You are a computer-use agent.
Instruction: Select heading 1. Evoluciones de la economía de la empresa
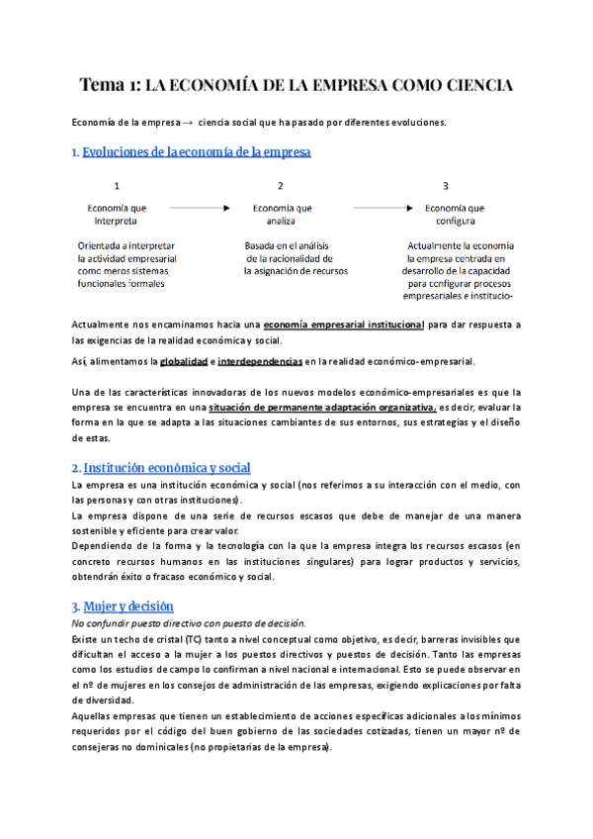[192, 152]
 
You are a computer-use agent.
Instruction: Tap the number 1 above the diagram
[118, 186]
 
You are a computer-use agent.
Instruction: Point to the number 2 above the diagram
[281, 186]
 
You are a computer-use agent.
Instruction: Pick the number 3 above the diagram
[446, 186]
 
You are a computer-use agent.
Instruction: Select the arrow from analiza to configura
[381, 209]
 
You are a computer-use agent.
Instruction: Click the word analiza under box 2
[282, 222]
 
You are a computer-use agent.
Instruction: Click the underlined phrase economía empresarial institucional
[344, 325]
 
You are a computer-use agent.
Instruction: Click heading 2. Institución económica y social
[161, 467]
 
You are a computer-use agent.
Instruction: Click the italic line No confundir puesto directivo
[188, 622]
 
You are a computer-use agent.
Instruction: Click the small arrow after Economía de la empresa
[187, 123]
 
